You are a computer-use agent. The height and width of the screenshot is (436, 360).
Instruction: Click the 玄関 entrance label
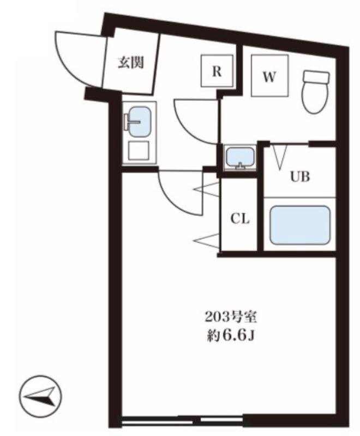click(131, 62)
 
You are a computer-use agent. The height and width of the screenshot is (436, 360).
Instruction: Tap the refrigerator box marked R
click(217, 71)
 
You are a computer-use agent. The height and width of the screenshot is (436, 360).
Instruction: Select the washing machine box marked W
click(269, 75)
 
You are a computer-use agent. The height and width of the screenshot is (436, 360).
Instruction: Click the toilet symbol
click(316, 92)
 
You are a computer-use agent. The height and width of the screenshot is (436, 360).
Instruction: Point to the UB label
click(300, 176)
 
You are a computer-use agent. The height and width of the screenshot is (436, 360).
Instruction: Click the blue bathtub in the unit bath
click(300, 225)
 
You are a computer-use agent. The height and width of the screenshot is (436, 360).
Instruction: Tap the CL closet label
click(240, 219)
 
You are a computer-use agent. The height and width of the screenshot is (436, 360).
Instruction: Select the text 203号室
click(230, 317)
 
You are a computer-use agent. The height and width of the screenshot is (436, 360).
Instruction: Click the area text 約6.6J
click(231, 336)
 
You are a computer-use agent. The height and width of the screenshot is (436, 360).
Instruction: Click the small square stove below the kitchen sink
click(139, 150)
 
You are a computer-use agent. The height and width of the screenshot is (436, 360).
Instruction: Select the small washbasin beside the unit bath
click(240, 158)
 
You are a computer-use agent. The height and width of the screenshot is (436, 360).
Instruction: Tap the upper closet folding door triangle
click(206, 190)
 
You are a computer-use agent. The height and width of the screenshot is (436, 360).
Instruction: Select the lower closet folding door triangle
click(206, 241)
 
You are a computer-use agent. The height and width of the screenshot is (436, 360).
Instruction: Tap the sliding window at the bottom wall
click(184, 421)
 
